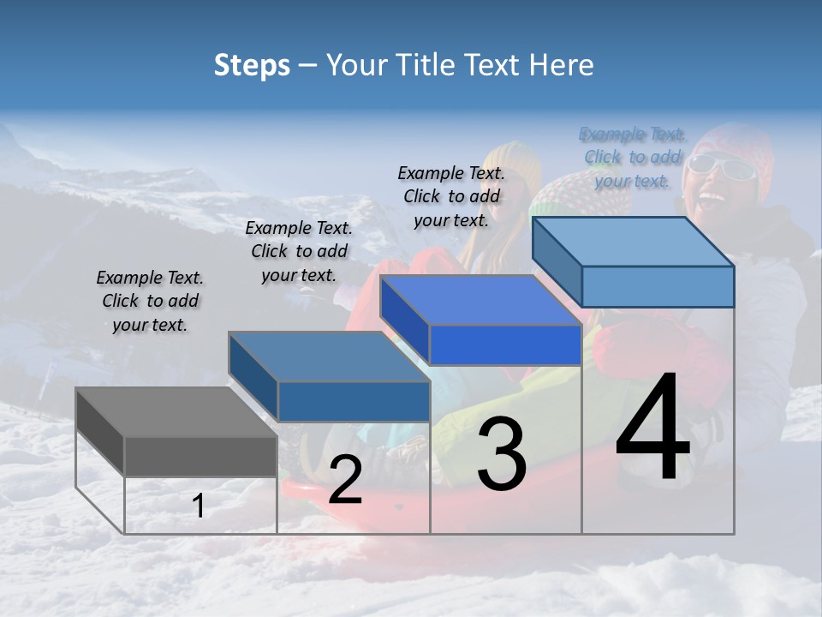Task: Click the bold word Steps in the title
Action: pyautogui.click(x=252, y=65)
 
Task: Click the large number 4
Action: pyautogui.click(x=653, y=428)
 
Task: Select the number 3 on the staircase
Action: pyautogui.click(x=502, y=454)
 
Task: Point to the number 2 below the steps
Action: pyautogui.click(x=345, y=480)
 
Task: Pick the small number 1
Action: pyautogui.click(x=198, y=506)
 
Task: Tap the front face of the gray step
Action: pyautogui.click(x=200, y=456)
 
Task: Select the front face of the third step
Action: pyautogui.click(x=505, y=345)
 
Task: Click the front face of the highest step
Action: pyautogui.click(x=657, y=286)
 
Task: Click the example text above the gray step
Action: pyautogui.click(x=150, y=301)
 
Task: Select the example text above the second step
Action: pyautogui.click(x=299, y=251)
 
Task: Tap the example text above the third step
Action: pyautogui.click(x=451, y=196)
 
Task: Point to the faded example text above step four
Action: pyautogui.click(x=633, y=157)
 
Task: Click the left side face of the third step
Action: pyautogui.click(x=404, y=320)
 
